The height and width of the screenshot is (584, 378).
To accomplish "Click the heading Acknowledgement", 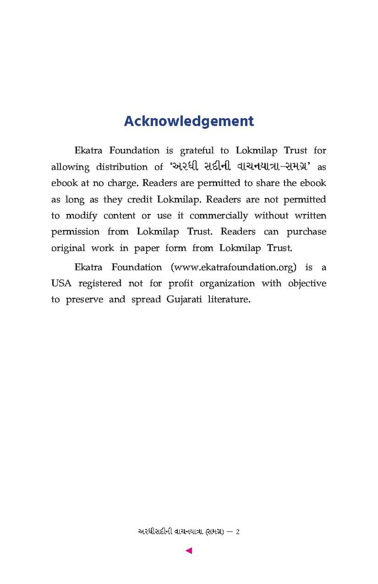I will coord(189,121).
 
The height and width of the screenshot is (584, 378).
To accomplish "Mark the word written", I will coord(310,215).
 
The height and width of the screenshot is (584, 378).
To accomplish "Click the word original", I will coord(68,248).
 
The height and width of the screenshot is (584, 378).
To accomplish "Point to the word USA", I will coord(61,283).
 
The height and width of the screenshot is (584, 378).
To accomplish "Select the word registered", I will coord(100,283).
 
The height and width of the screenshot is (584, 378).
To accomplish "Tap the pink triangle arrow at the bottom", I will coord(189,551).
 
